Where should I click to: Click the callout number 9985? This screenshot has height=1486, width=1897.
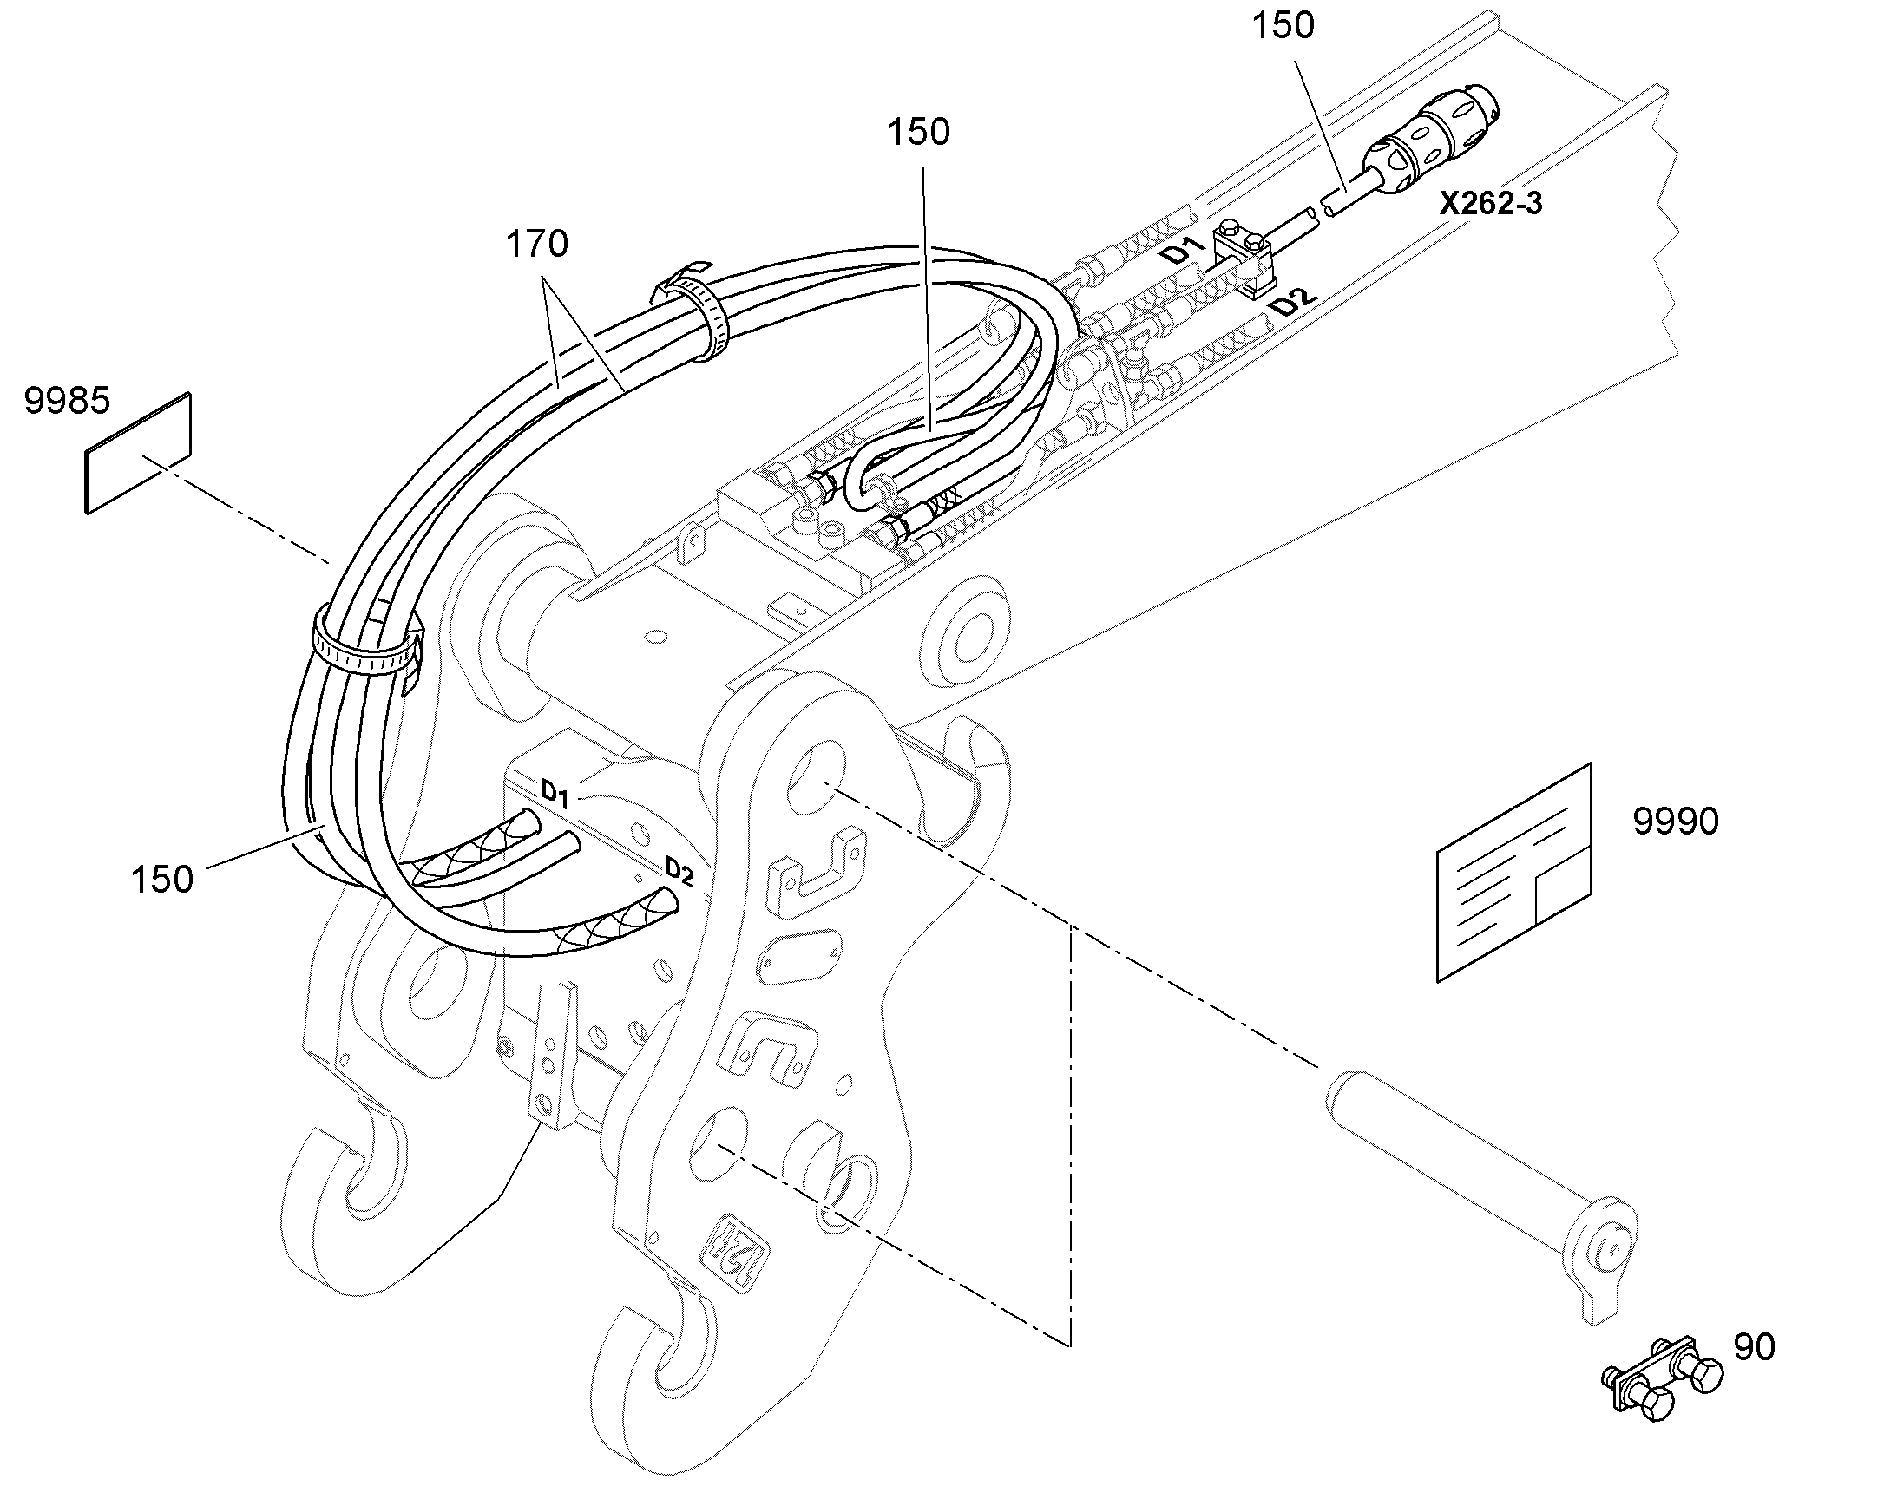(x=67, y=401)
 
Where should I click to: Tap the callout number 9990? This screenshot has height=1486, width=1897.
(x=1675, y=822)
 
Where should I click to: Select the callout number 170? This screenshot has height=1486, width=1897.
(x=537, y=245)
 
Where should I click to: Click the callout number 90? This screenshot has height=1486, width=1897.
(x=1755, y=1347)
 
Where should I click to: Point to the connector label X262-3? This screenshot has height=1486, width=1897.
(x=1490, y=203)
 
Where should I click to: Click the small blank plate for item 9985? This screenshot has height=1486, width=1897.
(x=137, y=453)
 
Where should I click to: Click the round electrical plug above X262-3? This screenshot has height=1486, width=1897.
(x=1432, y=141)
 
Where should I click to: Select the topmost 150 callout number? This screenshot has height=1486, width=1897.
(x=1283, y=26)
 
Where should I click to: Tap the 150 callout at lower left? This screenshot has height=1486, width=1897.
(x=162, y=880)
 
